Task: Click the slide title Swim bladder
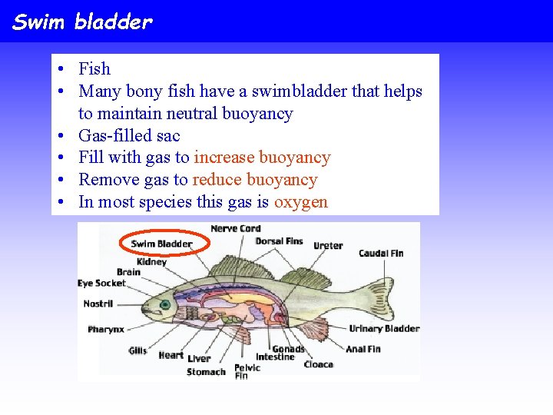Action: coord(83,22)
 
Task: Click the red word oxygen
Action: coord(300,202)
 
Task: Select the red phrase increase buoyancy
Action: coord(262,158)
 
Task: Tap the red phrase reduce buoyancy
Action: coord(254,180)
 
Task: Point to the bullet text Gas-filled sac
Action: coord(129,136)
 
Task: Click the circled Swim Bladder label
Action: coord(161,244)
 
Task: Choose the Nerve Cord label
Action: coord(235,228)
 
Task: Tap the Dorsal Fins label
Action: coord(279,241)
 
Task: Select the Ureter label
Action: coord(328,246)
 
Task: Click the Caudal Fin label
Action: coord(380,254)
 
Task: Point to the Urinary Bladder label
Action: coord(384,329)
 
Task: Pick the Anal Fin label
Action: coord(363,349)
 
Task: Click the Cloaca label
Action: coord(318,364)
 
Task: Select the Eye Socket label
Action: coord(101,284)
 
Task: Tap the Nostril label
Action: coord(98,304)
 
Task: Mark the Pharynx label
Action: coord(105,330)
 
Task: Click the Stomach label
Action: coord(206,372)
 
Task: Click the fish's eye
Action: coord(164,304)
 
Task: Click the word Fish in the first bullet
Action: coord(94,69)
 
